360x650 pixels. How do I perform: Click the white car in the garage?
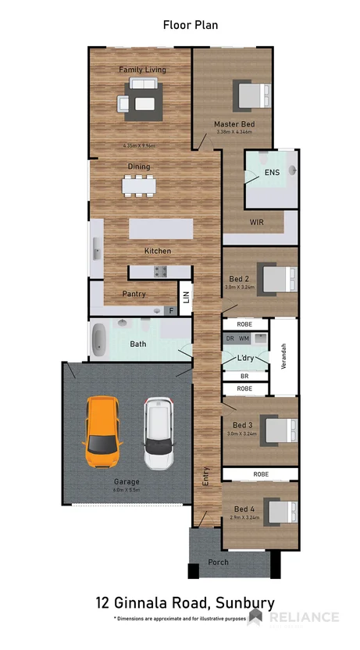pyautogui.click(x=159, y=434)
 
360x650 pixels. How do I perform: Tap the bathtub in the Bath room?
pyautogui.click(x=99, y=341)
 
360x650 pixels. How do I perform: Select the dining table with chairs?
pyautogui.click(x=139, y=185)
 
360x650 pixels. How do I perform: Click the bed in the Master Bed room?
pyautogui.click(x=252, y=97)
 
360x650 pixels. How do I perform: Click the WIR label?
pyautogui.click(x=256, y=223)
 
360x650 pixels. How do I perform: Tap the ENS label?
pyautogui.click(x=271, y=172)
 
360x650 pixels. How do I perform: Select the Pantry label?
pyautogui.click(x=134, y=294)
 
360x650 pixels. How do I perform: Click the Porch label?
pyautogui.click(x=218, y=562)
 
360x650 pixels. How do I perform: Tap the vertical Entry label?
pyautogui.click(x=206, y=476)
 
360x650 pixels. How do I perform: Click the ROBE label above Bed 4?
pyautogui.click(x=261, y=474)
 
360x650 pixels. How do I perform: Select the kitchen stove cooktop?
pyautogui.click(x=161, y=271)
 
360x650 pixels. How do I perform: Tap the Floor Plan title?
pyautogui.click(x=190, y=25)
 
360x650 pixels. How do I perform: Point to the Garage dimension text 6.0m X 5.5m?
pyautogui.click(x=126, y=491)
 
